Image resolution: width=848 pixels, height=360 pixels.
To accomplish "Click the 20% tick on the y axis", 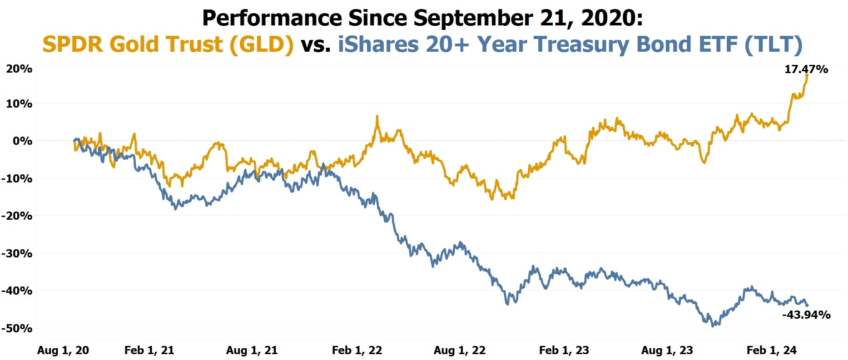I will coord(19,69).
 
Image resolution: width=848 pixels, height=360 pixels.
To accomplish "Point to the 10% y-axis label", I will coord(19,104).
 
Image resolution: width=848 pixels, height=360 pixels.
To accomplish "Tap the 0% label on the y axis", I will coord(22,141).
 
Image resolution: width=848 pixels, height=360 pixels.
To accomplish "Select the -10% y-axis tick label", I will coord(17,178).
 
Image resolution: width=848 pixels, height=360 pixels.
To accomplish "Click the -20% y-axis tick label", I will coord(17,216).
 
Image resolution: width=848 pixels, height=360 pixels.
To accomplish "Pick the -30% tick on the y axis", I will coord(17,253).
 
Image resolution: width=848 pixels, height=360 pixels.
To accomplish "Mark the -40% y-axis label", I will coord(17,291).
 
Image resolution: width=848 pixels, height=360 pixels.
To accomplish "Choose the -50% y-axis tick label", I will coord(17,328).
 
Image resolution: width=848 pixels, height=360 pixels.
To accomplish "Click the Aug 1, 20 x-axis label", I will coord(63,350).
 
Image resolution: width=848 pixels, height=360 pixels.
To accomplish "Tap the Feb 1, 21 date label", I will coord(149,350).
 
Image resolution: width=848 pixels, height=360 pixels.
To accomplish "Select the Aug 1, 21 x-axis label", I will coord(252,350).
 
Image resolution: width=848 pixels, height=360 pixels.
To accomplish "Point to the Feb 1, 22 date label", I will coord(357,350).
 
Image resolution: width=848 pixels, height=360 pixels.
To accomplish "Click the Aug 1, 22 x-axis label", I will coord(460,350).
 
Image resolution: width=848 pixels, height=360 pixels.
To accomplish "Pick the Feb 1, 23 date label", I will coord(564,350).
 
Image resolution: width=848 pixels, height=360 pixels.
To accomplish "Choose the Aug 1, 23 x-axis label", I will coord(667,350).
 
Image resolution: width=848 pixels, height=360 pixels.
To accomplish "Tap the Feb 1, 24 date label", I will coord(771,350).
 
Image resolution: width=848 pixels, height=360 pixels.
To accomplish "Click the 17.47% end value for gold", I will coord(806,69).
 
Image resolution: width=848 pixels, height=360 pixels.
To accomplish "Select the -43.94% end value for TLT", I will coord(806,315).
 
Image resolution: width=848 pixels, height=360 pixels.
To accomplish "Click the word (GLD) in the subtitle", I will coord(261,44).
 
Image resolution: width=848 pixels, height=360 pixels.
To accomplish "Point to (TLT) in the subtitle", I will coord(773,44).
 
